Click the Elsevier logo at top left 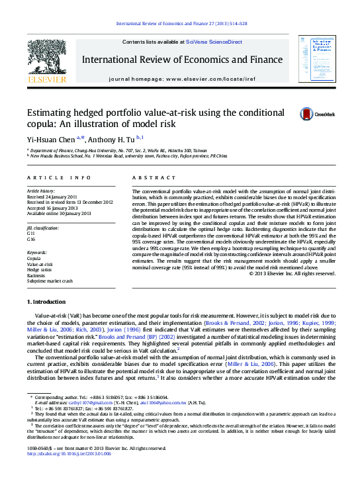(46, 63)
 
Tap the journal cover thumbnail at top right (312, 60)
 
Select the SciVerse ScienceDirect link (214, 42)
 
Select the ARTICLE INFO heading (59, 178)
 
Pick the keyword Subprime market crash (50, 281)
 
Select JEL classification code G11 (30, 233)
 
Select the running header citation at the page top (181, 23)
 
